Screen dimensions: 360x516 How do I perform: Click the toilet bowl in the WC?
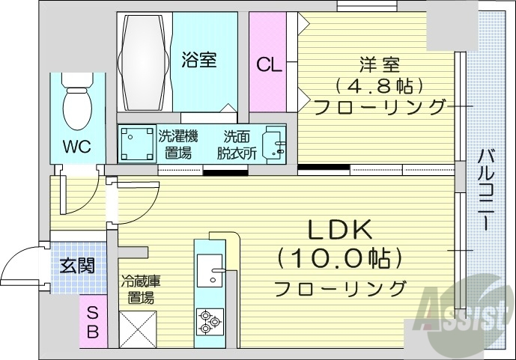tap(76, 107)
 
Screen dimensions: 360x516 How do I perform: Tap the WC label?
tap(76, 146)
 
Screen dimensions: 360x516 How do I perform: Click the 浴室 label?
tap(199, 59)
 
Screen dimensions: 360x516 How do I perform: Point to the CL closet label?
tap(269, 65)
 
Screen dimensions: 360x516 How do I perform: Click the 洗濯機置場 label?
tap(178, 144)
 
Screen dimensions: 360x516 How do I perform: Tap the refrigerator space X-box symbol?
tap(139, 328)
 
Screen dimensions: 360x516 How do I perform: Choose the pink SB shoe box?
tap(92, 323)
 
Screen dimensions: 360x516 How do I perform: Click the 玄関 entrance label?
tap(78, 265)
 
